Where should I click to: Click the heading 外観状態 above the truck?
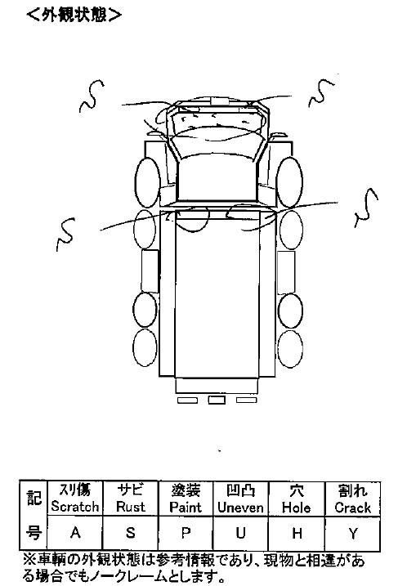point(74,15)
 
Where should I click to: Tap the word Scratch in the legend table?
point(75,507)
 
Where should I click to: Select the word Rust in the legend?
point(131,507)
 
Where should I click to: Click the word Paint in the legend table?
point(186,508)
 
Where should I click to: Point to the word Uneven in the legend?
point(241,508)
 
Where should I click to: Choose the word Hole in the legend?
point(297,508)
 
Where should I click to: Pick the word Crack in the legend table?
point(352,508)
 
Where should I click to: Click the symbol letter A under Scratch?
point(75,532)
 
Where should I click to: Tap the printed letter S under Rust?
point(131,532)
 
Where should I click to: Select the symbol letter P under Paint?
point(186,533)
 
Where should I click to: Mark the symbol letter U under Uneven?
point(241,533)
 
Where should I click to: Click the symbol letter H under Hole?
point(297,534)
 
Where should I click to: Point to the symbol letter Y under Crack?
point(353,534)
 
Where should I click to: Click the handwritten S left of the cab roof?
point(91,96)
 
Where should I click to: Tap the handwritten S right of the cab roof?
point(320,92)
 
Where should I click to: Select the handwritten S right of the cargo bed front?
point(366,208)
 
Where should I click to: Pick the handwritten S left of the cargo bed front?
point(65,235)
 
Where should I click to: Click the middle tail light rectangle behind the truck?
point(217,400)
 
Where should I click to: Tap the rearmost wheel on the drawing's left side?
point(145,347)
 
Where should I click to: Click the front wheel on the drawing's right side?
point(289,182)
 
